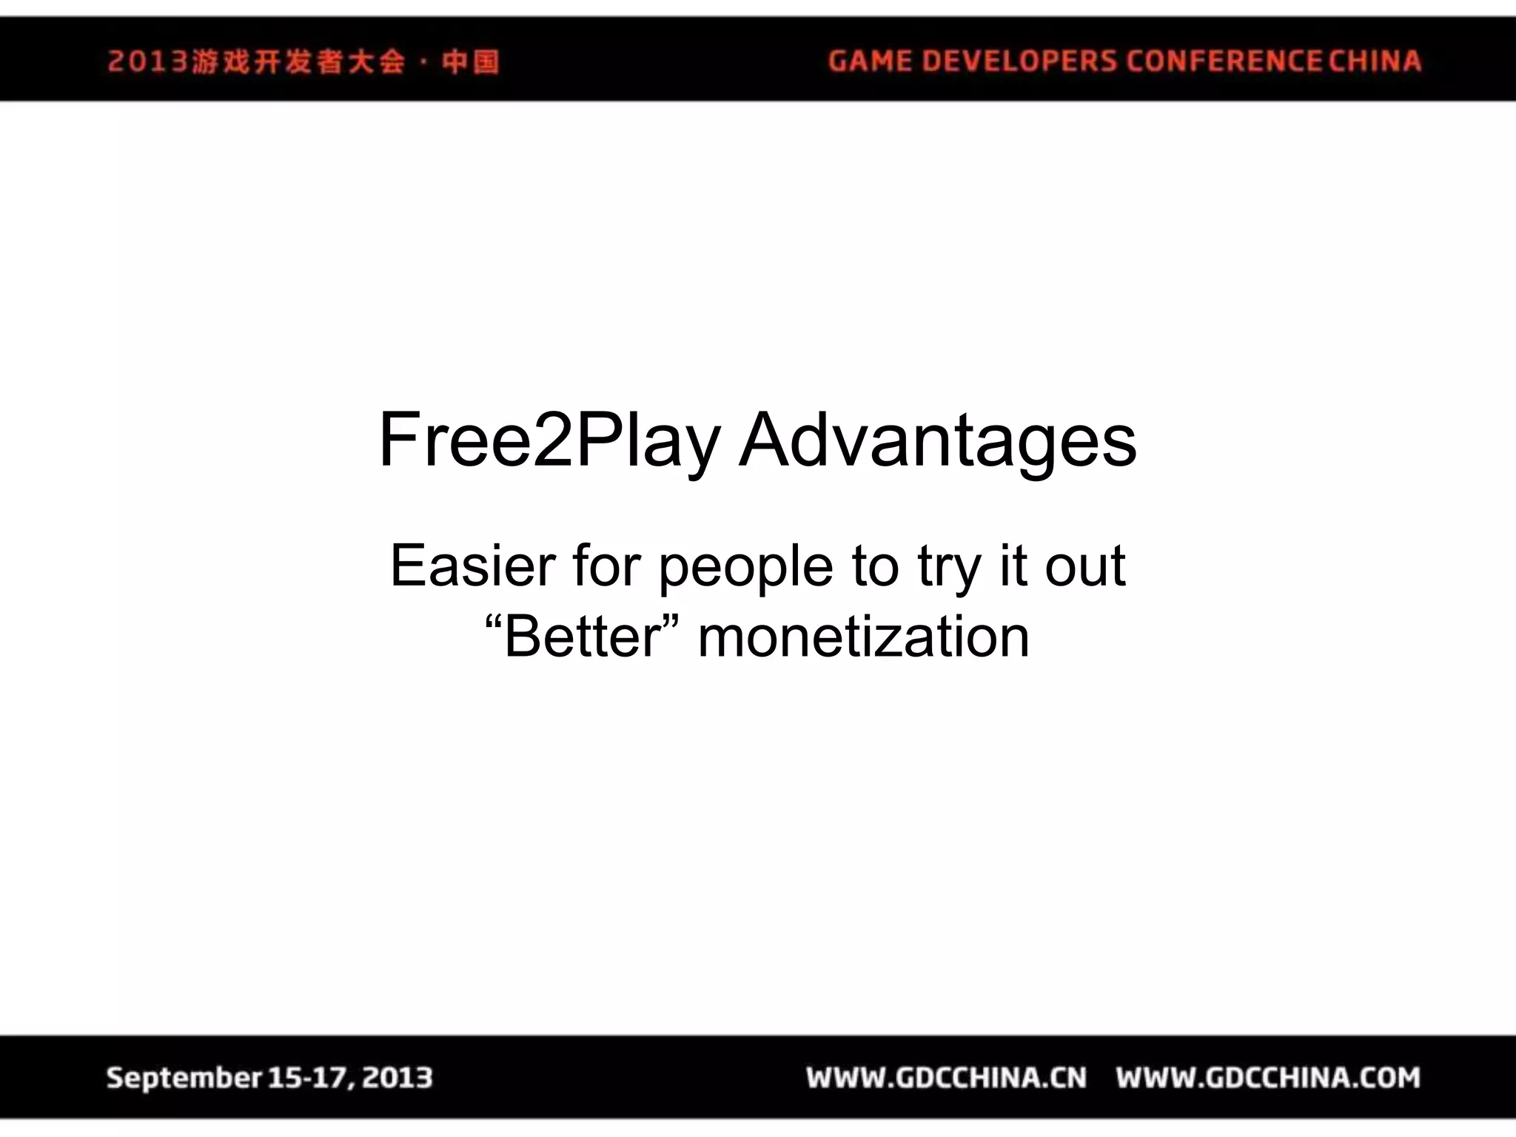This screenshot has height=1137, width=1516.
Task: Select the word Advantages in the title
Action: point(937,441)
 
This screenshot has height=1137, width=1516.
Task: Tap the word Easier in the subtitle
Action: point(472,566)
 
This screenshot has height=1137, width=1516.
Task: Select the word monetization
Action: point(863,637)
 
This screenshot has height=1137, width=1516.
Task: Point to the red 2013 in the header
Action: point(147,61)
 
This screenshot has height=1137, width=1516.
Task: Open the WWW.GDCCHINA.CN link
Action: point(947,1078)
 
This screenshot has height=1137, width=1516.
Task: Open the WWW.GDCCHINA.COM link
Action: point(1268,1078)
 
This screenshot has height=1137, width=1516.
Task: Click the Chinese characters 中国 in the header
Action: point(470,61)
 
